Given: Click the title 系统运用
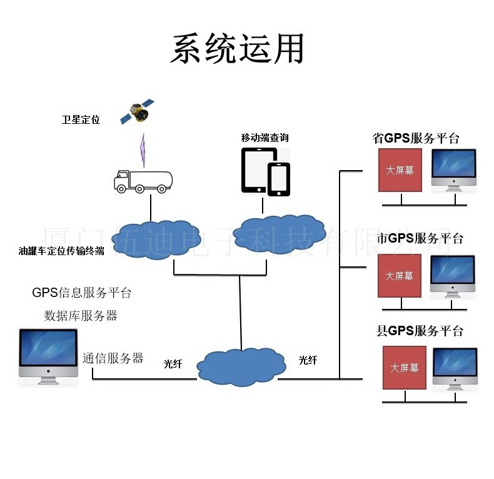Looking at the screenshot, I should click(238, 48).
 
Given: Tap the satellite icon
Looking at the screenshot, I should click(138, 113).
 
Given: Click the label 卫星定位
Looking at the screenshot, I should click(81, 119).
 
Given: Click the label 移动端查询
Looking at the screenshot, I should click(265, 138).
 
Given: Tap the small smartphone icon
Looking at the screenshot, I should click(279, 179).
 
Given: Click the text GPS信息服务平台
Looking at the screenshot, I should click(81, 293).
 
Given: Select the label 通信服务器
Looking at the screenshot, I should click(113, 358).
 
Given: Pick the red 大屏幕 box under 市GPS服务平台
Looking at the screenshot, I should click(399, 276).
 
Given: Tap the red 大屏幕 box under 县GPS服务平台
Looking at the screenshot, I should click(405, 368).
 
